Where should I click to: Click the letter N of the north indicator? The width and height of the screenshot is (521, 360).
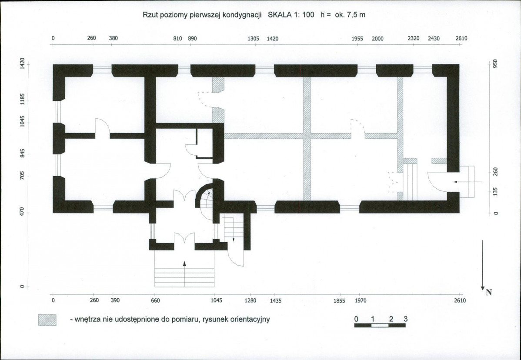pos(489,292)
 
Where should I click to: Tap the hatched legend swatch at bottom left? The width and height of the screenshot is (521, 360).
pos(47,320)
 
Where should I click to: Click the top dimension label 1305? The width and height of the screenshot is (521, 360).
pos(253,39)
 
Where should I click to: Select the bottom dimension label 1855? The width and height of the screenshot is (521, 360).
pos(340,301)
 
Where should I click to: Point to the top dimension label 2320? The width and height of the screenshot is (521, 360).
pos(413,38)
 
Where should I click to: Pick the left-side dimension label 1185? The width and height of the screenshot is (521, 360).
pos(22,99)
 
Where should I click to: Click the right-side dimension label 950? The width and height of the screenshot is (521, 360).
pos(495,64)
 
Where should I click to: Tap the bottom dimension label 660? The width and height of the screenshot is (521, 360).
pos(156,300)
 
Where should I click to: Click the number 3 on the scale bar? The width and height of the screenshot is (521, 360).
pos(405,319)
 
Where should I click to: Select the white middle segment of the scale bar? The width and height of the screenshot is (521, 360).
pos(380,326)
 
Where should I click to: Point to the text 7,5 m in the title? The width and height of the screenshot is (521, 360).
pos(356,15)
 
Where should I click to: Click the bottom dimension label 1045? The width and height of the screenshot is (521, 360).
pos(216,300)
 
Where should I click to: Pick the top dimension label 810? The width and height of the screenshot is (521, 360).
pos(178,39)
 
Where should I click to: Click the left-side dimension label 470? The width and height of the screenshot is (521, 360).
pos(22,212)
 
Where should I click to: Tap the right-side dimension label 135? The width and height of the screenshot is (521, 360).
pos(495,192)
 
